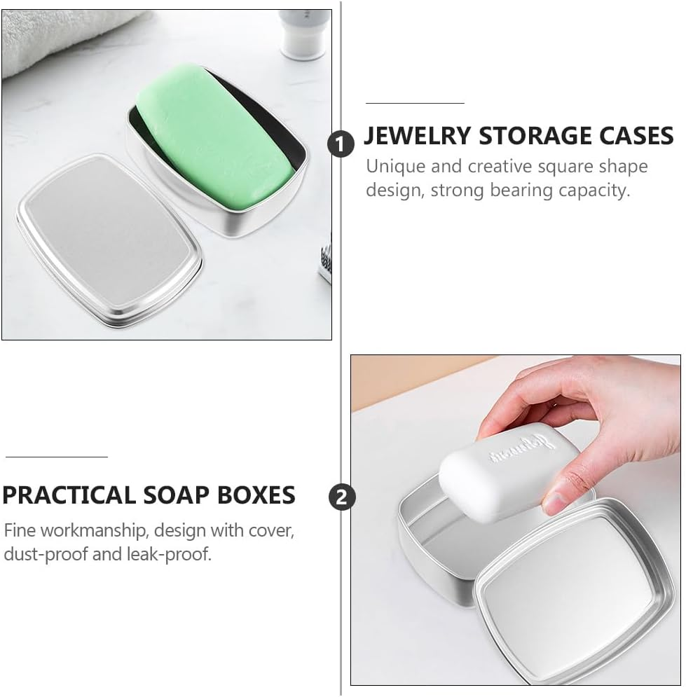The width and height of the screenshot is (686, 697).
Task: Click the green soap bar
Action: pos(214,140)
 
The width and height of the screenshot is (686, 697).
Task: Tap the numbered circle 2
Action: pos(341,497)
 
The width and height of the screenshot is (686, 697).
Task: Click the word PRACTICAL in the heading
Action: pos(68,495)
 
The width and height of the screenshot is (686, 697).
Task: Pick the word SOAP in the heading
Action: pos(170,495)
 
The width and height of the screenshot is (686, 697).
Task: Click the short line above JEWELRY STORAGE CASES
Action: pos(415,103)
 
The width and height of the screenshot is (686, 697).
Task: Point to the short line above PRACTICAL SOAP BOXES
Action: pos(57,457)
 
